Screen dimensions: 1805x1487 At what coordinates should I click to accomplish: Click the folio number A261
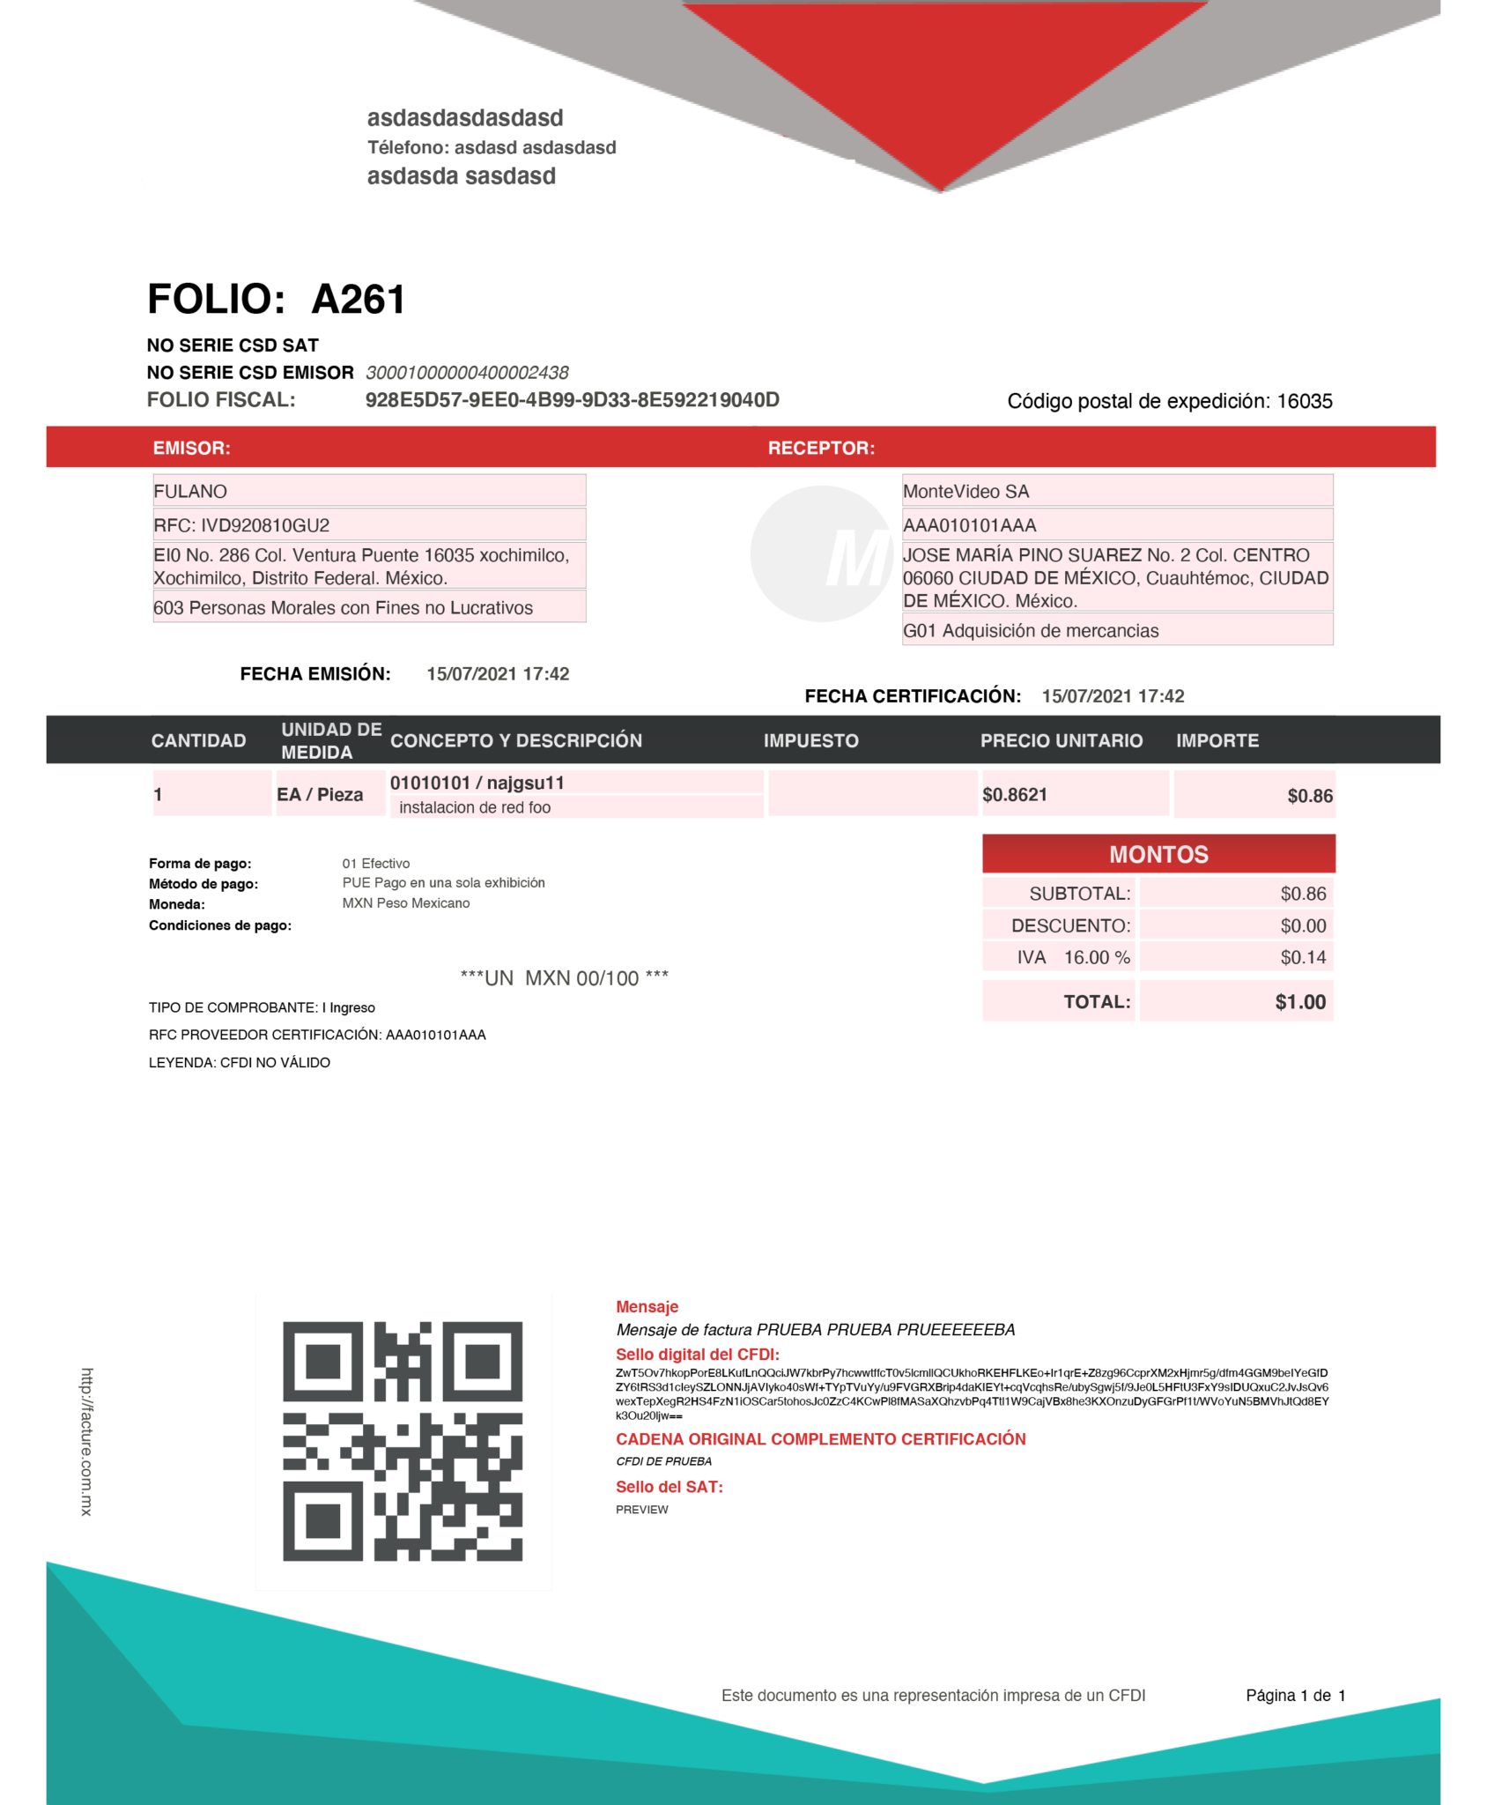(359, 300)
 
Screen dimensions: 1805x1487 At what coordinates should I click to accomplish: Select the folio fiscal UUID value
(572, 400)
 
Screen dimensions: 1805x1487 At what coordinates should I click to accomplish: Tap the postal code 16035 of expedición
(1304, 402)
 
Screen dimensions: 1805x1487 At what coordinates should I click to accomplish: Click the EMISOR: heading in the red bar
(191, 448)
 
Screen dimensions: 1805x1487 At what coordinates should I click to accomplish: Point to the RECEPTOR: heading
(821, 448)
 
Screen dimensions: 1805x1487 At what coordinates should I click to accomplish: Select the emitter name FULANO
(190, 491)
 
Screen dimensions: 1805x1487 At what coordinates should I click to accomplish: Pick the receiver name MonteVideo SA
(965, 491)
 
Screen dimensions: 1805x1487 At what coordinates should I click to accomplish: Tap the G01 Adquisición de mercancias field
(1031, 630)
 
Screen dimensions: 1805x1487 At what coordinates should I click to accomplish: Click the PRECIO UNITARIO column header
(1061, 740)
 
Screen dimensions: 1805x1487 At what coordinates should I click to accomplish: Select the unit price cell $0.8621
(1015, 794)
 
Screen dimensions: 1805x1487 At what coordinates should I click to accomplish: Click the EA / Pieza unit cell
(320, 794)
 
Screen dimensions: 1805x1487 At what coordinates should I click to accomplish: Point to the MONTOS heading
(1158, 854)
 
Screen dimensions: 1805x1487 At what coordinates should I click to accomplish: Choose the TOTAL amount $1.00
(1299, 1002)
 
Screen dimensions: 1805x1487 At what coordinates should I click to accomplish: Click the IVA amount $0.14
(1303, 957)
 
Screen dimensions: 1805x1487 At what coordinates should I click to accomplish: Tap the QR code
(403, 1441)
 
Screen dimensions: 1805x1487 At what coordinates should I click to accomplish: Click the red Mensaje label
(647, 1307)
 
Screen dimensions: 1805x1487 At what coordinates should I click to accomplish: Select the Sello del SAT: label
(669, 1487)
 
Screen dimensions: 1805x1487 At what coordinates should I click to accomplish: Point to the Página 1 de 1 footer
(1295, 1695)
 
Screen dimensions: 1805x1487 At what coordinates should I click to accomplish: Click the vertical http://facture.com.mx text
(86, 1441)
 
